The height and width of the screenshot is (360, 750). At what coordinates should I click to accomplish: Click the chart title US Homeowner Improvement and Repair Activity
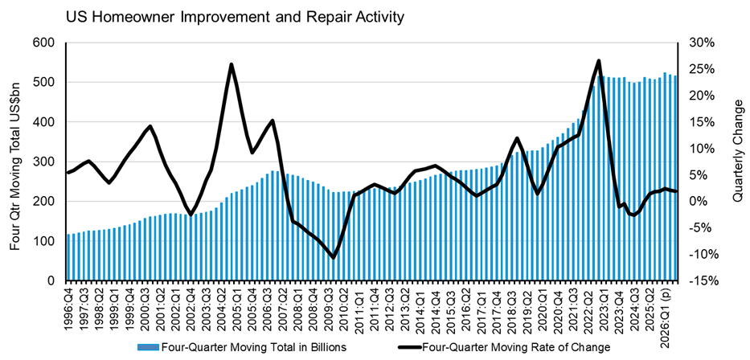[236, 18]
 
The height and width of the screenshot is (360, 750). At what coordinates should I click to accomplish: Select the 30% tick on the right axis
[702, 43]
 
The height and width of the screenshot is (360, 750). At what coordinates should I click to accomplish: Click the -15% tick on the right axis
[700, 280]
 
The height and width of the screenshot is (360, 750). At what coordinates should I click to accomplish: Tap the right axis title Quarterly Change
[737, 150]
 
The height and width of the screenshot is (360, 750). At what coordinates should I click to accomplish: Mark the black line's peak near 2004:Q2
[231, 64]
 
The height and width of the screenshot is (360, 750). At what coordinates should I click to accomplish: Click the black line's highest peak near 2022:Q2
[598, 60]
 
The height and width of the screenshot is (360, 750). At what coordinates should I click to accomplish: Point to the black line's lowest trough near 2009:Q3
[334, 258]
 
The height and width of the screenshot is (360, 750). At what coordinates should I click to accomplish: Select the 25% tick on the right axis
[702, 69]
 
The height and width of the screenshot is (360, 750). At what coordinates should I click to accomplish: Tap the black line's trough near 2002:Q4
[191, 215]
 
